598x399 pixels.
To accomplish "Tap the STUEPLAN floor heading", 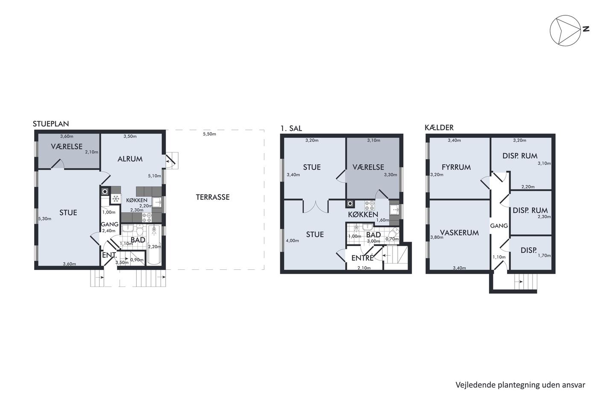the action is pyautogui.click(x=51, y=124).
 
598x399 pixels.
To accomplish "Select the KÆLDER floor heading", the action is pyautogui.click(x=439, y=128).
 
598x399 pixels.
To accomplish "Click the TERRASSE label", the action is pyautogui.click(x=213, y=197).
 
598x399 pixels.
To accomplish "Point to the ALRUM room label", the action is pyautogui.click(x=130, y=159).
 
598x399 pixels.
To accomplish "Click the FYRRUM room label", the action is pyautogui.click(x=456, y=167).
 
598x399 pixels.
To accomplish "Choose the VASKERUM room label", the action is pyautogui.click(x=459, y=233).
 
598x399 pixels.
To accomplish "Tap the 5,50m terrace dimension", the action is pyautogui.click(x=209, y=134).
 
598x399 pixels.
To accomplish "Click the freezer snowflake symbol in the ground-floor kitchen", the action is pyautogui.click(x=116, y=199).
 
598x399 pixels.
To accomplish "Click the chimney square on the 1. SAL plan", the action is pyautogui.click(x=350, y=204).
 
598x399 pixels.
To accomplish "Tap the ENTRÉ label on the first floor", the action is pyautogui.click(x=362, y=258).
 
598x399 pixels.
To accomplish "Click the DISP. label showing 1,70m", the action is pyautogui.click(x=528, y=251).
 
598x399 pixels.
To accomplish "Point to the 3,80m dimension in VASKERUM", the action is pyautogui.click(x=437, y=237).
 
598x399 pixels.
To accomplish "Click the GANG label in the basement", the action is pyautogui.click(x=499, y=226).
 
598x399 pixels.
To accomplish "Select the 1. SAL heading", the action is pyautogui.click(x=291, y=129).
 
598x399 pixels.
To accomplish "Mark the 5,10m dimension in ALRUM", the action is pyautogui.click(x=155, y=176).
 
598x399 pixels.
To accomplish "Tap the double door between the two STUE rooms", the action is pyautogui.click(x=316, y=207).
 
